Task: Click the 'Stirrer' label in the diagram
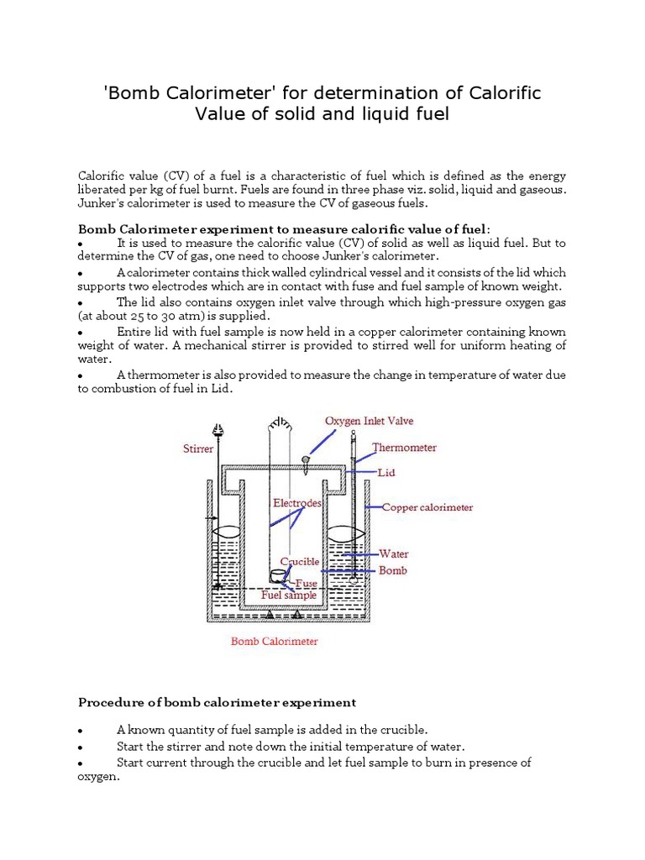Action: pyautogui.click(x=198, y=449)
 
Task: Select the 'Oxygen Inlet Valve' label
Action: pyautogui.click(x=369, y=421)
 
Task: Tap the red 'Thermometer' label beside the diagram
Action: pyautogui.click(x=405, y=448)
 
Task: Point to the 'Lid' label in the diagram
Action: pyautogui.click(x=386, y=473)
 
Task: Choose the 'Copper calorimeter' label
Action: pyautogui.click(x=427, y=507)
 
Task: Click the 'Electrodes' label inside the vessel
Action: pyautogui.click(x=297, y=503)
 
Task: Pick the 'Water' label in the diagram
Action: pyautogui.click(x=394, y=553)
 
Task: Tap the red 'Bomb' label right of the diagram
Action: pyautogui.click(x=393, y=570)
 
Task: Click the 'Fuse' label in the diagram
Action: pyautogui.click(x=306, y=581)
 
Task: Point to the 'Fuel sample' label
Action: pyautogui.click(x=290, y=595)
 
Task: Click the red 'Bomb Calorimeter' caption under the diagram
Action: pyautogui.click(x=275, y=642)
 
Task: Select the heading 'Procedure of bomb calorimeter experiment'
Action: pyautogui.click(x=217, y=702)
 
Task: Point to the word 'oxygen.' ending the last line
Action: pyautogui.click(x=99, y=777)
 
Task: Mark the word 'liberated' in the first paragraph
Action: pyautogui.click(x=104, y=189)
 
